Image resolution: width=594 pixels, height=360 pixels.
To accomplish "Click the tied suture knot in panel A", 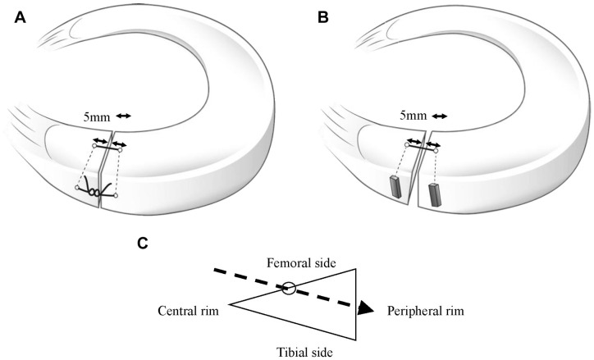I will pos(95,194).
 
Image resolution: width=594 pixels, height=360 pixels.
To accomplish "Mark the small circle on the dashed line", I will pos(290,288).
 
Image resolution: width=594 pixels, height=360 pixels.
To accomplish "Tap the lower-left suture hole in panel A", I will pos(76,188).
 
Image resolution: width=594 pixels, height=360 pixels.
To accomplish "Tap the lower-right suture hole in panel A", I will pos(116,195).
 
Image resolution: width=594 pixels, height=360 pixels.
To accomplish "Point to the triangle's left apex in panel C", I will pos(229,303).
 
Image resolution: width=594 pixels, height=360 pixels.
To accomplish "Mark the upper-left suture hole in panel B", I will pos(406,145).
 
